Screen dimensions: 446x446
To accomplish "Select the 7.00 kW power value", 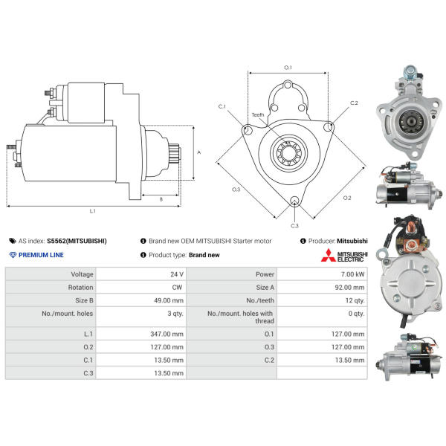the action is tap(352, 274).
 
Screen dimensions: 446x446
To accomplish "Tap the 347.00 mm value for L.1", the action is tap(167, 334).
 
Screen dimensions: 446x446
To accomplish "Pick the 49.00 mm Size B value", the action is tap(169, 300).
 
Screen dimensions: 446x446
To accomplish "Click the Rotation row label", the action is tap(80, 287).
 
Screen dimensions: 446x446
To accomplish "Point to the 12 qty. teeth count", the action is tap(355, 300).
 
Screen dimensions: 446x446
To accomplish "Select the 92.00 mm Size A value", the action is tap(349, 287).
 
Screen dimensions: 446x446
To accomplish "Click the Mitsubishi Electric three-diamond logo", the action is tap(329, 255).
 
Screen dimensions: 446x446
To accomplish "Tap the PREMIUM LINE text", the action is tap(41, 255).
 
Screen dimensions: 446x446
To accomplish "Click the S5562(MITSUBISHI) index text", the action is tap(77, 241).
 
